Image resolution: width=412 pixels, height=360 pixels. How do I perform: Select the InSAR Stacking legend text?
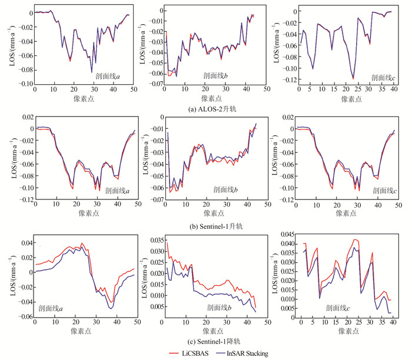pos(245,353)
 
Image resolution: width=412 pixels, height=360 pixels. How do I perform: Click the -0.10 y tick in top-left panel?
pos(24,84)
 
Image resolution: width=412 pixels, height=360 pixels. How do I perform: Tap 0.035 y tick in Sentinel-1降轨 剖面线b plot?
pos(155,240)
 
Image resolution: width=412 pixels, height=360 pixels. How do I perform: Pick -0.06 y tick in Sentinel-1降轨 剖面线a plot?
pos(24,316)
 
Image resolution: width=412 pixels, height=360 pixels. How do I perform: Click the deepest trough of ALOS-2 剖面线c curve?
pos(353,78)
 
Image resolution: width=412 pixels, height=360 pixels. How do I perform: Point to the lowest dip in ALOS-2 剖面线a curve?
pos(92,72)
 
